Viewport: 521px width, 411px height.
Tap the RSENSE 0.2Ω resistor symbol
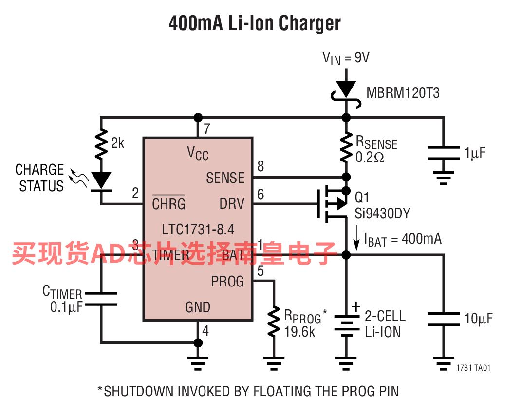pos(346,147)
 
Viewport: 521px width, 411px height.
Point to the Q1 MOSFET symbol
pos(332,204)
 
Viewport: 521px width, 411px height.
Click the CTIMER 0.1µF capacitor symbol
pos(101,299)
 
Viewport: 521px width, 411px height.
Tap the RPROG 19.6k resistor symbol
pos(274,322)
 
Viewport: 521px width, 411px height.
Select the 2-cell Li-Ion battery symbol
pos(346,322)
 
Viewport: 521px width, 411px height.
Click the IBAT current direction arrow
pos(356,238)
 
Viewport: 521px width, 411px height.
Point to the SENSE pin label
pos(225,178)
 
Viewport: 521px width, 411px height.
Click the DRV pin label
pos(232,204)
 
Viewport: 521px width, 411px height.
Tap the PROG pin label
pos(227,282)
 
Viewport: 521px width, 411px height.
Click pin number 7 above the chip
pos(207,128)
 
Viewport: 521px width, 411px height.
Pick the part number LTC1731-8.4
pos(198,230)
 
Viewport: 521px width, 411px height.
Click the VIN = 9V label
pos(346,58)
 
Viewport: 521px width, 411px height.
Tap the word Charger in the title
pos(310,23)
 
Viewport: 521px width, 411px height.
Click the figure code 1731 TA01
pos(473,368)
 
